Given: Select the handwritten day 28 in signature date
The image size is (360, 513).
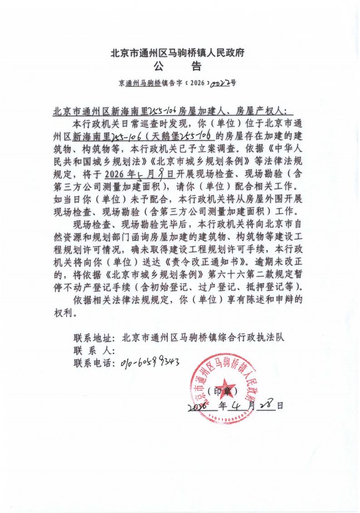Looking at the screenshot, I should tap(266, 404).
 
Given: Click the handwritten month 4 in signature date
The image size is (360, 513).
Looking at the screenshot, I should tap(238, 404).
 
